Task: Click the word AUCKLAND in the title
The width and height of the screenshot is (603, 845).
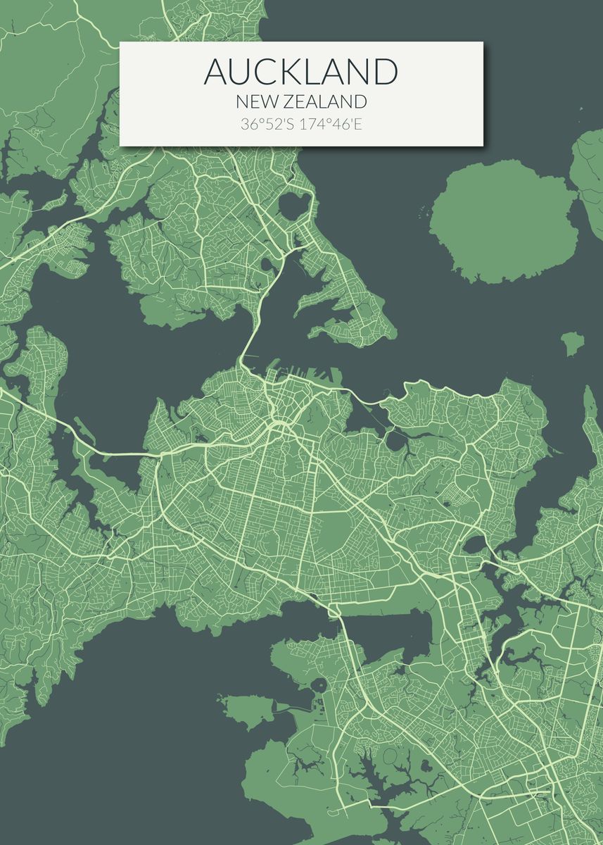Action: pyautogui.click(x=301, y=71)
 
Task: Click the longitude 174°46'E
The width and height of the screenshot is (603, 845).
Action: pyautogui.click(x=331, y=125)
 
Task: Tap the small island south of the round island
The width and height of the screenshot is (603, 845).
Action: pyautogui.click(x=572, y=343)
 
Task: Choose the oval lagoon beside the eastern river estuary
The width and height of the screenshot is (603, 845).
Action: pyautogui.click(x=475, y=544)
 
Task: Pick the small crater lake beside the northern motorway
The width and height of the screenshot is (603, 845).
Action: pyautogui.click(x=267, y=265)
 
